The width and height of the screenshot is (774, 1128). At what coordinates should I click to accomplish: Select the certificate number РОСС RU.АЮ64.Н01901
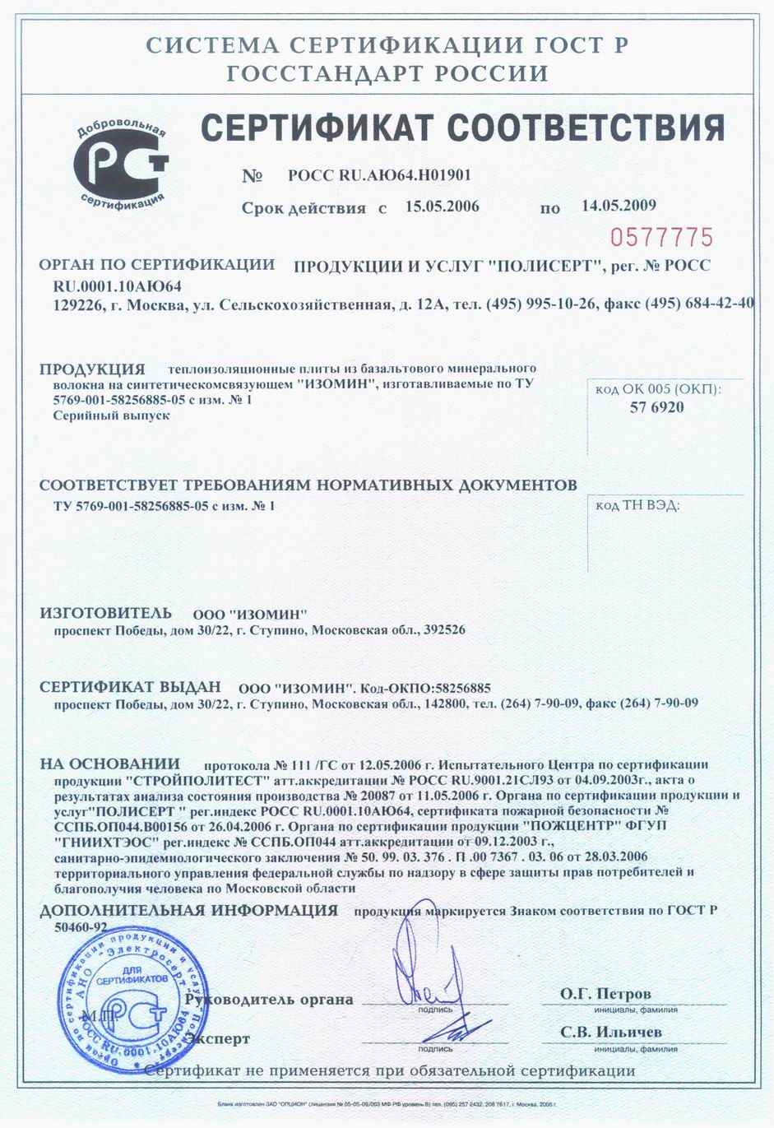(x=379, y=175)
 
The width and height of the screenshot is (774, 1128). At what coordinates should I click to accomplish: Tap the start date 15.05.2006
(x=442, y=206)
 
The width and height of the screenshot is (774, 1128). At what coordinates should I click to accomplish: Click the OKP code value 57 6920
(x=656, y=407)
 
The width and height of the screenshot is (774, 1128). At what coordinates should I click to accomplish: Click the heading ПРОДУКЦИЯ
(x=92, y=369)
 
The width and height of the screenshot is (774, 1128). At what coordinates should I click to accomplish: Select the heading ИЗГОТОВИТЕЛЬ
(x=106, y=613)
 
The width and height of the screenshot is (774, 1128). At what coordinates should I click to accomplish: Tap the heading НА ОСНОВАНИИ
(x=109, y=764)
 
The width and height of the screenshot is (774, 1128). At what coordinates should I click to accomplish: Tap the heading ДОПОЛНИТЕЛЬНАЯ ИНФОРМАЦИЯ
(x=189, y=910)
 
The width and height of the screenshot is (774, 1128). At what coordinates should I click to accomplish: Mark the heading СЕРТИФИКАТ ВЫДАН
(x=131, y=687)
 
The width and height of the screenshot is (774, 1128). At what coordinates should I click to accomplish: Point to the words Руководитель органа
(x=270, y=1000)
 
